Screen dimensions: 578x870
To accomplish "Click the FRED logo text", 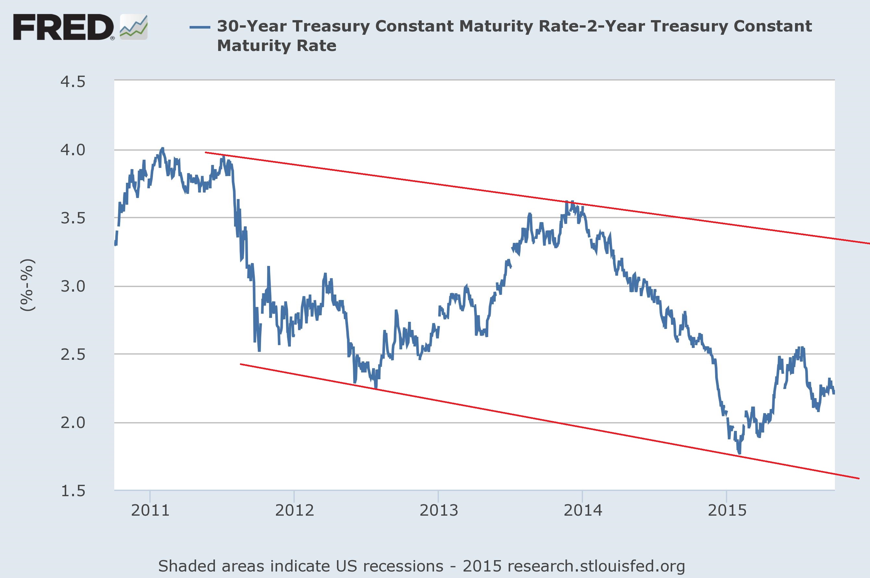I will tap(63, 27).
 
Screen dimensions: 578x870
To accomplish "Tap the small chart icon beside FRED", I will tap(134, 27).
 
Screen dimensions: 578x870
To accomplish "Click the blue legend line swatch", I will tap(200, 27).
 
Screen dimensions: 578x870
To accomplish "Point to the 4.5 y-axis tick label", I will tap(73, 82).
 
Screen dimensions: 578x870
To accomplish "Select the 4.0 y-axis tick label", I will tap(73, 150).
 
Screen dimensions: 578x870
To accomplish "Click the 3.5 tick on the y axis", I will tap(73, 218).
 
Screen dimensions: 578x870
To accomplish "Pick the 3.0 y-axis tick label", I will tap(73, 286).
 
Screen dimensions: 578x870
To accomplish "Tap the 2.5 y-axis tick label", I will tap(73, 355).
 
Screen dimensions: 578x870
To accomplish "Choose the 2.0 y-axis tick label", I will tap(73, 423).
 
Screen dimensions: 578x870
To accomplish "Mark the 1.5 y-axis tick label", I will tap(73, 491).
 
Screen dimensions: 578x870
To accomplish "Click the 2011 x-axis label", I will tap(150, 510).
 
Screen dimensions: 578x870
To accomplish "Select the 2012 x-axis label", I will tap(294, 510).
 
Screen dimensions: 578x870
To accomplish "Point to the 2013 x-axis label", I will tap(439, 510).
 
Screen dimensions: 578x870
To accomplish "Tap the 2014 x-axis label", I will tap(583, 510).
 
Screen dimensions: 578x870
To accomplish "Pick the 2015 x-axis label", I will tap(727, 510).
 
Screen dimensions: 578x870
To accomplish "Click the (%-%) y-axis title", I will tap(28, 285).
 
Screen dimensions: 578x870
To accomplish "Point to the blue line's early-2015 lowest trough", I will tap(739, 453).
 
